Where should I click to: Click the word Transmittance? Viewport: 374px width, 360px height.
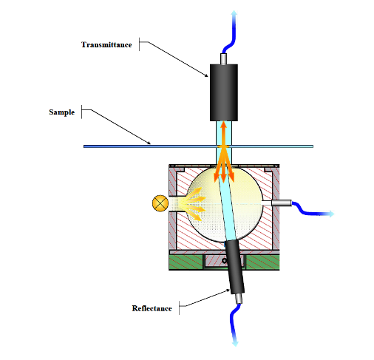[106, 45]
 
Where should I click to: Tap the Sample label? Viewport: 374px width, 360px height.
[62, 112]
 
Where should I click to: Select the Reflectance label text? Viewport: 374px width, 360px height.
[152, 308]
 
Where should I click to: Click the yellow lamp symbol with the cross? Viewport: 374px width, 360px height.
[160, 203]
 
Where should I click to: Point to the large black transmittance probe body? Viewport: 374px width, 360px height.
[224, 92]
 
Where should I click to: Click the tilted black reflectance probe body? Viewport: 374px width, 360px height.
[235, 268]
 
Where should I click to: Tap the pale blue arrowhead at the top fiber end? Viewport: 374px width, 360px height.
[234, 13]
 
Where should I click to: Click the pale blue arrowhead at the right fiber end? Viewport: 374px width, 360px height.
[330, 214]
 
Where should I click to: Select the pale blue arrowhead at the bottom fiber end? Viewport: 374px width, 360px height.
[236, 343]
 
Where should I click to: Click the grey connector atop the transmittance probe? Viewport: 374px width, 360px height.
[223, 59]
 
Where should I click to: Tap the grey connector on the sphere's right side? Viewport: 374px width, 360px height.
[282, 203]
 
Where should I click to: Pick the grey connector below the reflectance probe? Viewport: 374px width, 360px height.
[239, 299]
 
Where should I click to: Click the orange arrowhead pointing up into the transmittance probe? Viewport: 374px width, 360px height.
[223, 125]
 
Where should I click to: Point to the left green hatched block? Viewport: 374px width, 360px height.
[186, 262]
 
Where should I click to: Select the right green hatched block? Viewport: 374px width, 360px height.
[262, 262]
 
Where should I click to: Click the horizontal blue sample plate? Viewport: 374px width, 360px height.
[198, 146]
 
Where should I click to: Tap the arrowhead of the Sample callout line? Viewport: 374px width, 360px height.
[149, 143]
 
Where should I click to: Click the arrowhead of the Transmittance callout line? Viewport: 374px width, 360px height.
[206, 75]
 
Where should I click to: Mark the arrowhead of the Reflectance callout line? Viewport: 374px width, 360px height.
[228, 291]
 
